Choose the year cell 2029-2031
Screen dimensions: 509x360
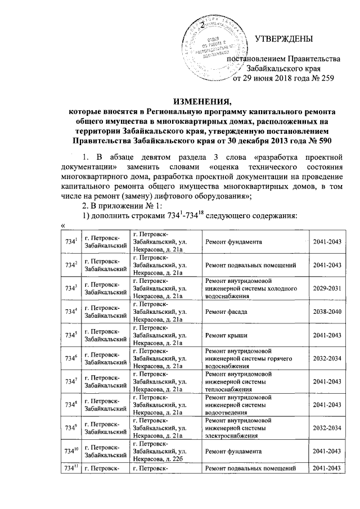click(x=327, y=288)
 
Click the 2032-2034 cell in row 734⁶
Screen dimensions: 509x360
click(x=327, y=358)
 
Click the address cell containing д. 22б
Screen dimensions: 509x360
click(x=159, y=451)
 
